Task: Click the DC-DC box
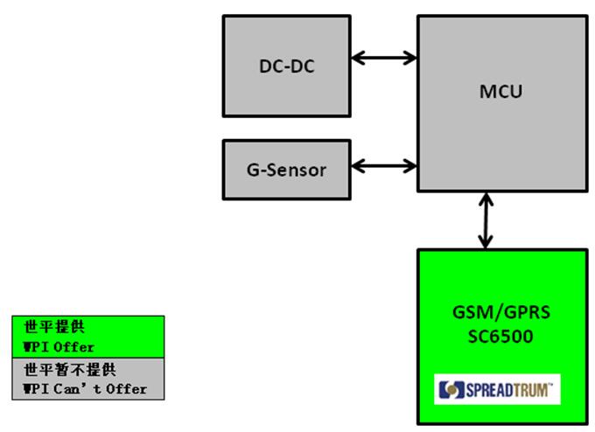286,67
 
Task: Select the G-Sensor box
286,170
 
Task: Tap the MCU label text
501,90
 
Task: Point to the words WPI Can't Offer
84,388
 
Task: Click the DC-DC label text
286,67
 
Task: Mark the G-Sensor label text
286,170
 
